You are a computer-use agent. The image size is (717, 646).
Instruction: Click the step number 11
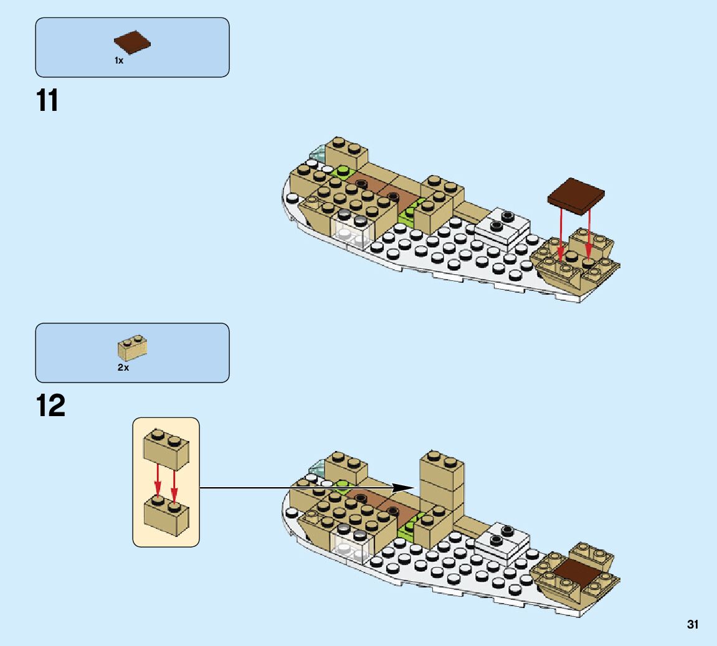[x=47, y=100]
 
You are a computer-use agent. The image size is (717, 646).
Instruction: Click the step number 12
[x=50, y=406]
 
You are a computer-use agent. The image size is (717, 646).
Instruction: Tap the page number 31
[x=693, y=624]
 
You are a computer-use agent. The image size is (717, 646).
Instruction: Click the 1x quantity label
[x=118, y=60]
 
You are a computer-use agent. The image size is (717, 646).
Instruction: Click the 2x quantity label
[x=123, y=368]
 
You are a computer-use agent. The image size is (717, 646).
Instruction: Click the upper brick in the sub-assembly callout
[x=166, y=449]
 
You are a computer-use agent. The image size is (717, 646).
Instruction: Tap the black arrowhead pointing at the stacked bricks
[x=405, y=488]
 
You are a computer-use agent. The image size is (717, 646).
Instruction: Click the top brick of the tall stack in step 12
[x=442, y=469]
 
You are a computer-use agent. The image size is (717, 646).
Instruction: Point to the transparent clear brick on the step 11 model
[x=351, y=231]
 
